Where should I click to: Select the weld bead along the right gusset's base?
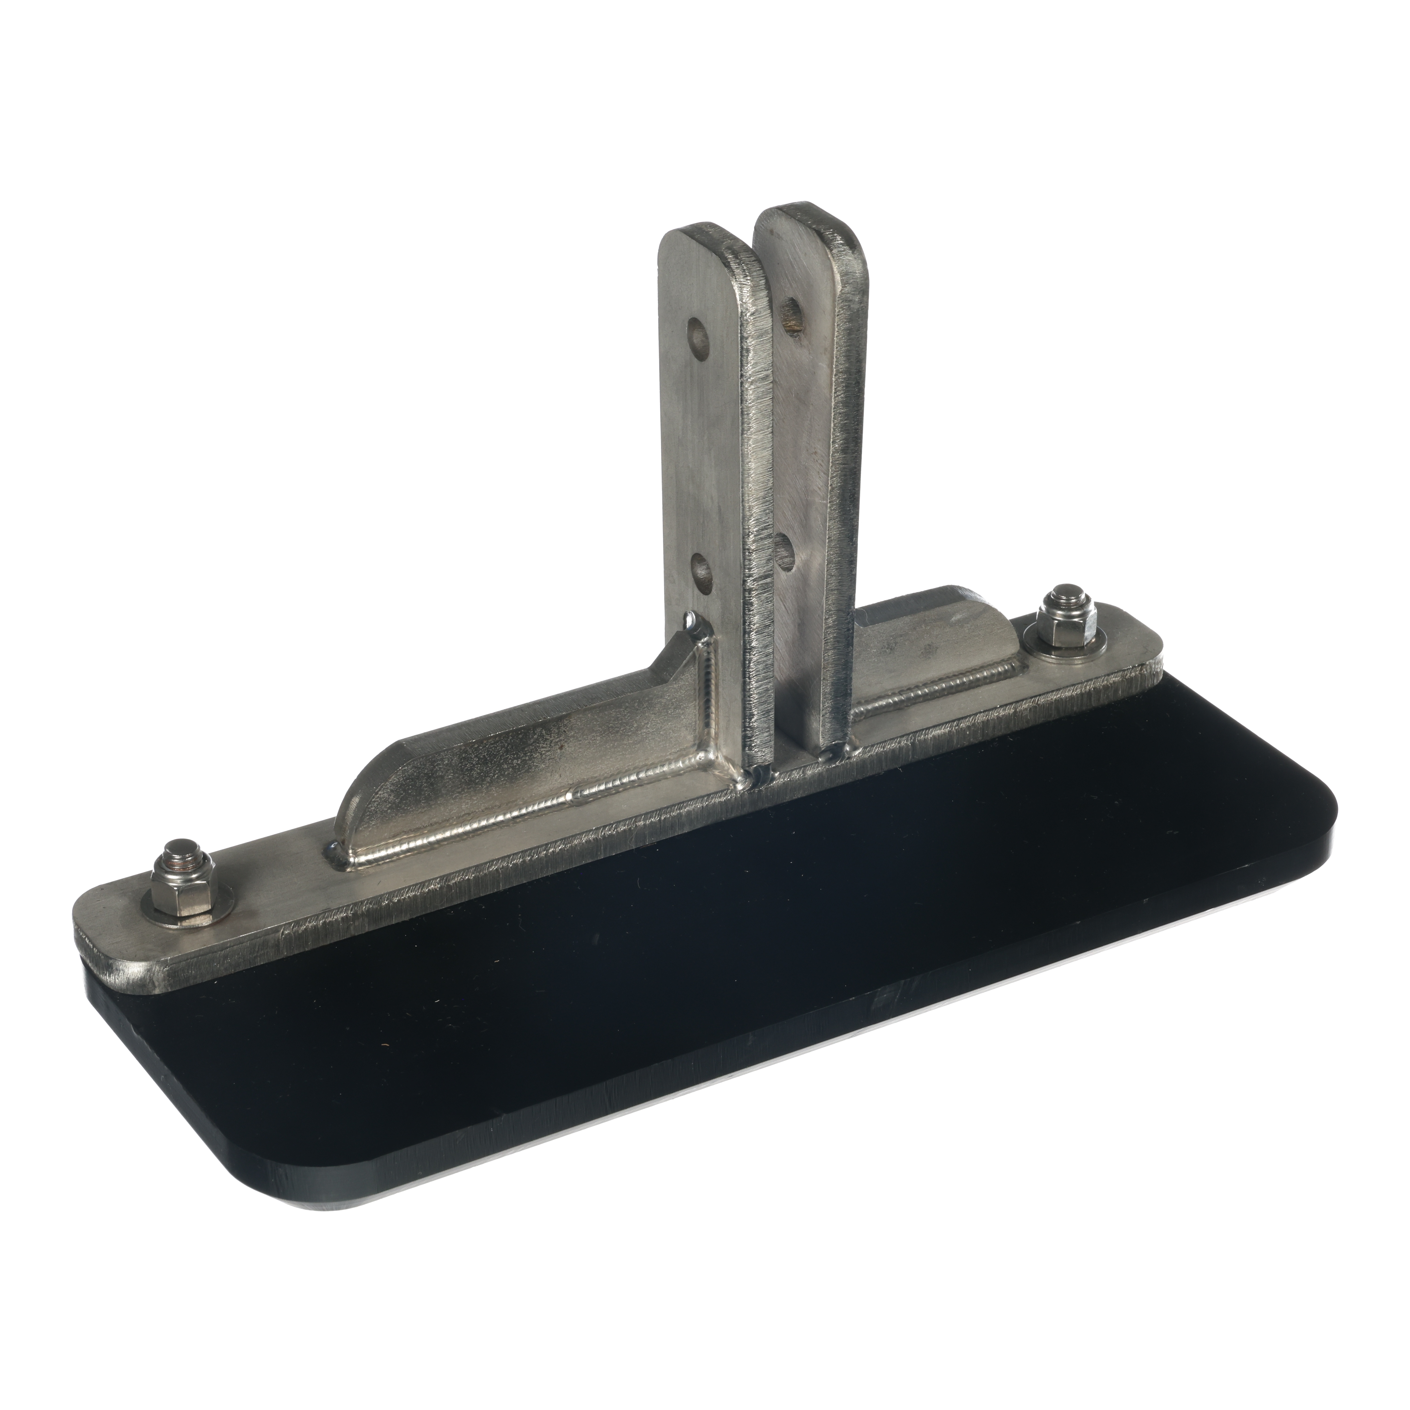pyautogui.click(x=934, y=690)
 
